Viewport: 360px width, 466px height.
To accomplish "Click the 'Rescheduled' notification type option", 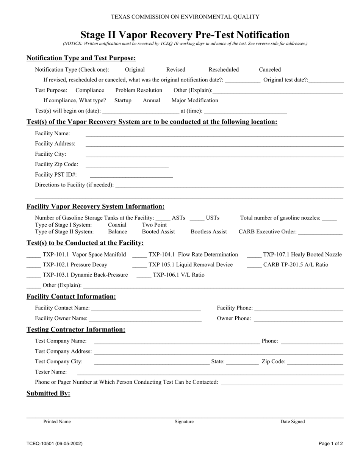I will pos(224,70).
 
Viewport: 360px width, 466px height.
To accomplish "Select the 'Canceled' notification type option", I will pos(270,70).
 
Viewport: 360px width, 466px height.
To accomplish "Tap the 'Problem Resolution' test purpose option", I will pos(139,90).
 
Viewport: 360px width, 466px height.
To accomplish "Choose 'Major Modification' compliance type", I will pos(195,100).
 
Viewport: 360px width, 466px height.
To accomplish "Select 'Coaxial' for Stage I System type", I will pos(117,225).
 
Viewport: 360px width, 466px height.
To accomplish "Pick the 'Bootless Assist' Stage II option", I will pos(209,232).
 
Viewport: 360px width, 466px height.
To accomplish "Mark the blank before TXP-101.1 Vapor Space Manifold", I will pos(33,256).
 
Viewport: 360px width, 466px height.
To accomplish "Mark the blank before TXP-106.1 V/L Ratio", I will pos(143,276).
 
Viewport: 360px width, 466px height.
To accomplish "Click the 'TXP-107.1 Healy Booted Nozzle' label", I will pos(302,255).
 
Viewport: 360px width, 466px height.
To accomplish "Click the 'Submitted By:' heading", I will pos(48,393).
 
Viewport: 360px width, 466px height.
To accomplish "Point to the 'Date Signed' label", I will pos(293,422).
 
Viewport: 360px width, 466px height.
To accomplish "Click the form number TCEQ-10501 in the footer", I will pos(55,444).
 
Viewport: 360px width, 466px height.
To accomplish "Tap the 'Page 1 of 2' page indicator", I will pos(331,444).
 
